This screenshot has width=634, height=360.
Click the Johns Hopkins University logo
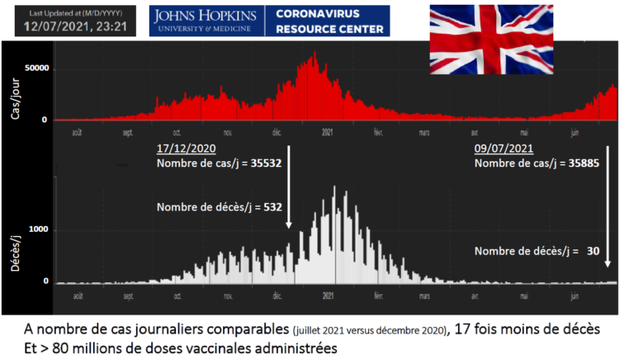click(x=203, y=21)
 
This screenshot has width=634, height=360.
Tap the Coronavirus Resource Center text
click(x=329, y=21)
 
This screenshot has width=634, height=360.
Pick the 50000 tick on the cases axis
click(x=35, y=69)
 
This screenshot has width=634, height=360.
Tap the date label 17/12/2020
click(x=186, y=149)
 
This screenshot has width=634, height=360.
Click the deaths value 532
click(x=271, y=206)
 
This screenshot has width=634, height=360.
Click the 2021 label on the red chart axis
click(x=328, y=132)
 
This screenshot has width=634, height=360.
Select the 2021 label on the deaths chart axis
click(x=328, y=294)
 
